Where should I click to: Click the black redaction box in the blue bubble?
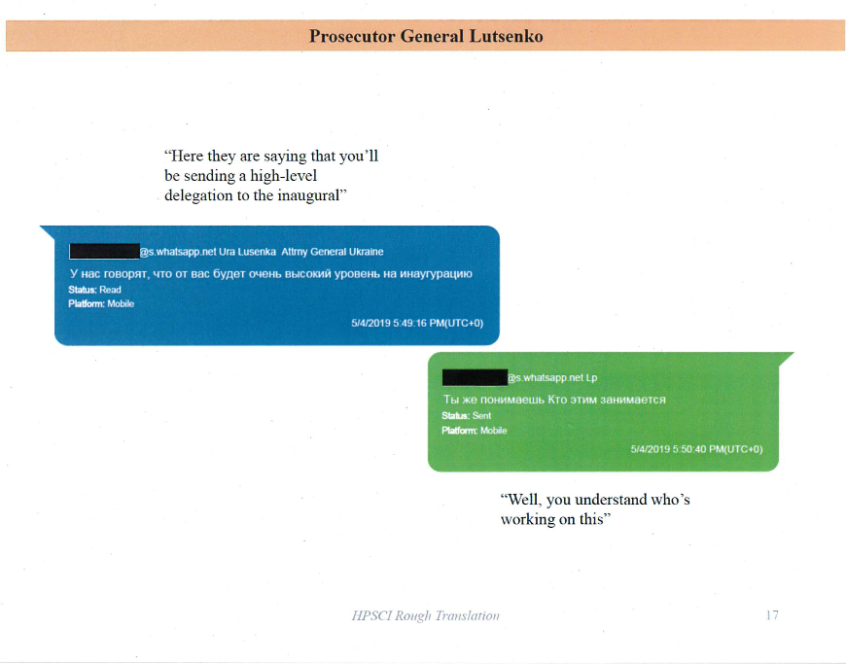pyautogui.click(x=104, y=252)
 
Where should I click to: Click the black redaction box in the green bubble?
pyautogui.click(x=474, y=377)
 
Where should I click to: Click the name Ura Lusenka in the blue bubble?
pyautogui.click(x=241, y=252)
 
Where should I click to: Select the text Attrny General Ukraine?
pyautogui.click(x=332, y=252)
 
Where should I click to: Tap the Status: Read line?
pyautogui.click(x=94, y=290)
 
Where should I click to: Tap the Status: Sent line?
pyautogui.click(x=467, y=416)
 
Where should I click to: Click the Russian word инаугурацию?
pyautogui.click(x=434, y=273)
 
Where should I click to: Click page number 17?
pyautogui.click(x=772, y=615)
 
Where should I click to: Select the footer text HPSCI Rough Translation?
pyautogui.click(x=425, y=615)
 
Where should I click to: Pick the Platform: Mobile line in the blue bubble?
pyautogui.click(x=101, y=303)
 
